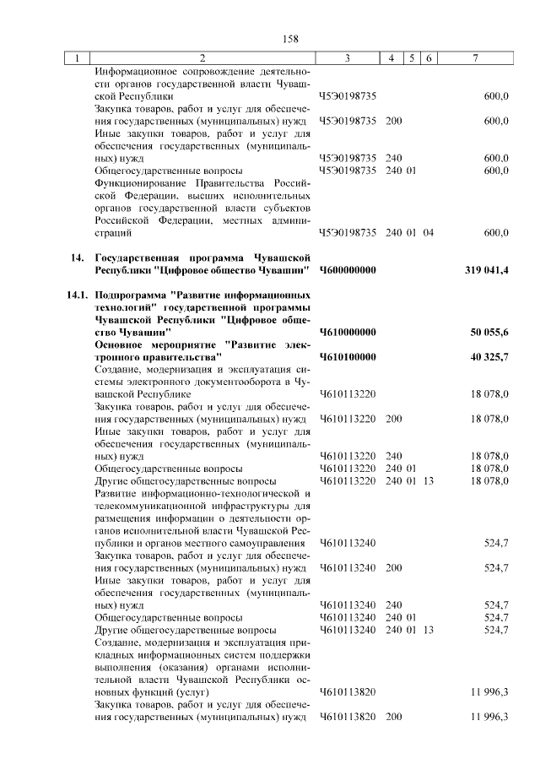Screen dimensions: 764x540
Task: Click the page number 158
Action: tap(291, 38)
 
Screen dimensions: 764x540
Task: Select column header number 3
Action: tap(347, 58)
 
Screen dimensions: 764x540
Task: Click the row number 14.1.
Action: tap(75, 296)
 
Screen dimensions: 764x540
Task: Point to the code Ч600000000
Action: tap(348, 270)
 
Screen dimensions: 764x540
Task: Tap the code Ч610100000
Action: tap(348, 358)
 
